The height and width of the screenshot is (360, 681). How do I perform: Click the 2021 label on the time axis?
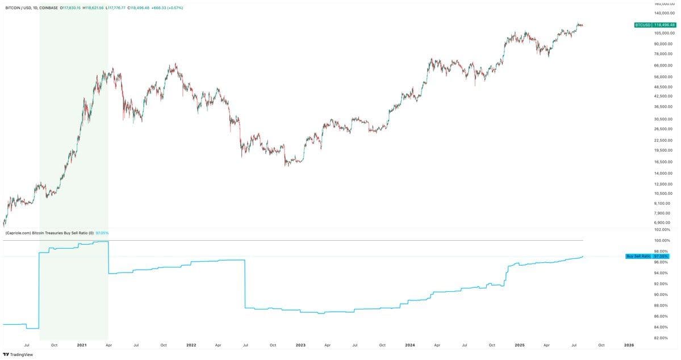click(x=82, y=345)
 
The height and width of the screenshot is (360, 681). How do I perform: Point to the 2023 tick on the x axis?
click(x=300, y=345)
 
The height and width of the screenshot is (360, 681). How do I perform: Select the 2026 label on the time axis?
click(x=629, y=345)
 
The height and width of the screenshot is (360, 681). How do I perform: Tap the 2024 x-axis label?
click(x=410, y=345)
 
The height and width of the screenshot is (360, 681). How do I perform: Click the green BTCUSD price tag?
click(x=655, y=25)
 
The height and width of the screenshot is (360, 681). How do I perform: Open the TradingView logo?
click(x=18, y=354)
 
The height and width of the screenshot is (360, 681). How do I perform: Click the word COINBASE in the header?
click(x=49, y=8)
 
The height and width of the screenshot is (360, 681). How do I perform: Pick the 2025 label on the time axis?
click(x=519, y=345)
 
